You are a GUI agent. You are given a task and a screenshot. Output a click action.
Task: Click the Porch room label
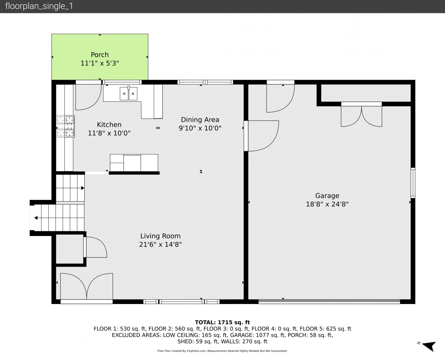point(100,55)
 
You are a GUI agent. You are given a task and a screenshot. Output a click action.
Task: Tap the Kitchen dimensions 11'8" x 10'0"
point(109,133)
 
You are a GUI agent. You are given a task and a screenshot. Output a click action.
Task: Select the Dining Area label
point(200,120)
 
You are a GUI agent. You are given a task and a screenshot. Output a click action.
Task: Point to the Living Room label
point(160,236)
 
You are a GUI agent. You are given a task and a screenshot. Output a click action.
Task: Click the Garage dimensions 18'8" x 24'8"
point(327,204)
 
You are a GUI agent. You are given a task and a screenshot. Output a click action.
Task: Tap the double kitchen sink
point(128,93)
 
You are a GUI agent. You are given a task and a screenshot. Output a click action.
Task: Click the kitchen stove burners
point(65,126)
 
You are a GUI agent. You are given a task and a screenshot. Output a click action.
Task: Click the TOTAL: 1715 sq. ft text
point(222,322)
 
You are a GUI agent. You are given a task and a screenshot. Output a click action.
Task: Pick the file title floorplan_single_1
point(39,6)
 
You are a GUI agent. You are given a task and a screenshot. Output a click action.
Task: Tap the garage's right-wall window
point(413,183)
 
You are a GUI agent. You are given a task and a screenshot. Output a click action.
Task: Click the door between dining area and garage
point(261,136)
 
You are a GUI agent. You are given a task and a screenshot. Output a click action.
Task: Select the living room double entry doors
point(86,287)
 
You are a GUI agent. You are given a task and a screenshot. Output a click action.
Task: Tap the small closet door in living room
point(95,247)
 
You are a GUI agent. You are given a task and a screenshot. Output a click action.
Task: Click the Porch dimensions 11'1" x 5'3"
point(100,63)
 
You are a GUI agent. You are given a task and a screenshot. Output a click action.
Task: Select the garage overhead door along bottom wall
point(329,301)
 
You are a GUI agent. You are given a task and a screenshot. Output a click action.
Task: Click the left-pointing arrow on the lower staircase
point(36,218)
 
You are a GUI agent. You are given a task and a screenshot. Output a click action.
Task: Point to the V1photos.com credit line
point(222,351)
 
